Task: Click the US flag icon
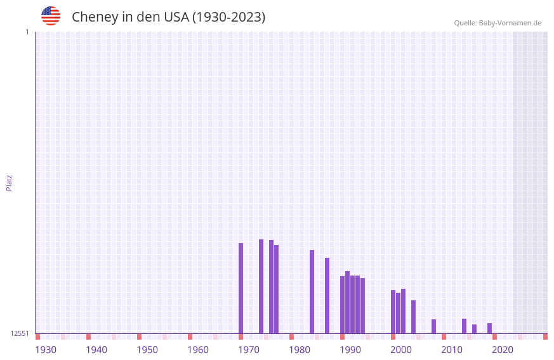(x=51, y=16)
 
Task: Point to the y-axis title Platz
(x=9, y=182)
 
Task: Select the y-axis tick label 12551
(x=19, y=333)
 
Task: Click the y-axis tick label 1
(x=27, y=32)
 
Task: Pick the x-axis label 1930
(x=46, y=350)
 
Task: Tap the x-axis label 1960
(x=198, y=350)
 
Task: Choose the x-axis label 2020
(x=503, y=350)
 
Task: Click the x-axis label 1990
(x=350, y=350)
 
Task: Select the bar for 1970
(x=241, y=288)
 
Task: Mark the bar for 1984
(x=312, y=291)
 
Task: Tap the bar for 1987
(x=327, y=295)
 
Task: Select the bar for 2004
(x=414, y=317)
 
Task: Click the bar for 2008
(x=434, y=326)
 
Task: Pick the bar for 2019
(x=490, y=328)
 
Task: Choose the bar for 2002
(x=404, y=311)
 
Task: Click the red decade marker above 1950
(x=140, y=337)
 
